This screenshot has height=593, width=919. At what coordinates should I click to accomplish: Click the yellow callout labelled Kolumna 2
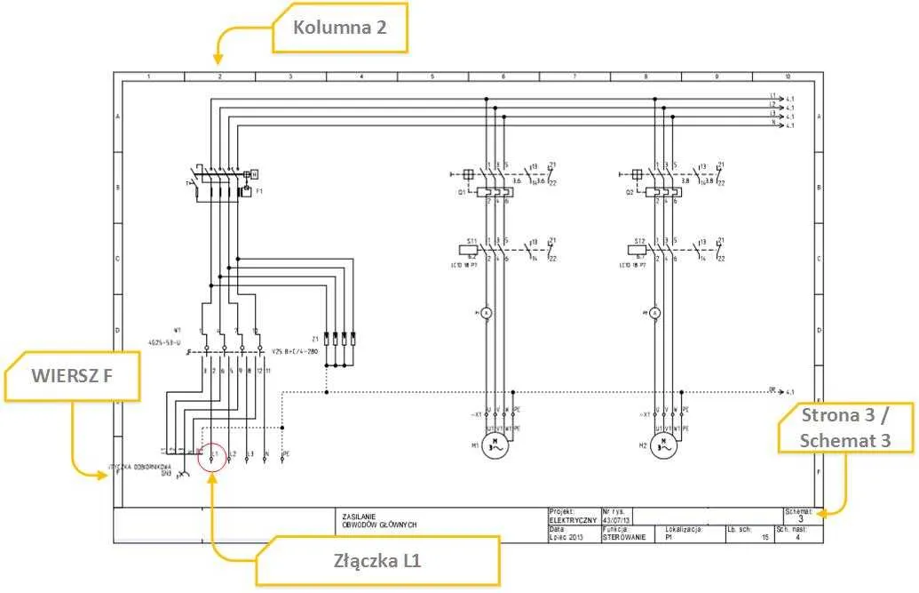click(x=341, y=28)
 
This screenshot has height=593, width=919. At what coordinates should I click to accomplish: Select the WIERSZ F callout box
click(x=72, y=375)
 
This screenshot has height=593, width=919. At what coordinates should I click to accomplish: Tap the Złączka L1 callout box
click(x=377, y=561)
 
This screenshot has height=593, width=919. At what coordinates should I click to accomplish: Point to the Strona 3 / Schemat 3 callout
click(x=844, y=428)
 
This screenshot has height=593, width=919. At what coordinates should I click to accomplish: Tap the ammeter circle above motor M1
click(x=486, y=313)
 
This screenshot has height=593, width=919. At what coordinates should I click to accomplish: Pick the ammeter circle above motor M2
click(x=654, y=313)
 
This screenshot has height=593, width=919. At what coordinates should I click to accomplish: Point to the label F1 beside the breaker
click(x=259, y=191)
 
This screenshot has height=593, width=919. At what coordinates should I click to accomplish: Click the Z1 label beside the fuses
click(x=315, y=339)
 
